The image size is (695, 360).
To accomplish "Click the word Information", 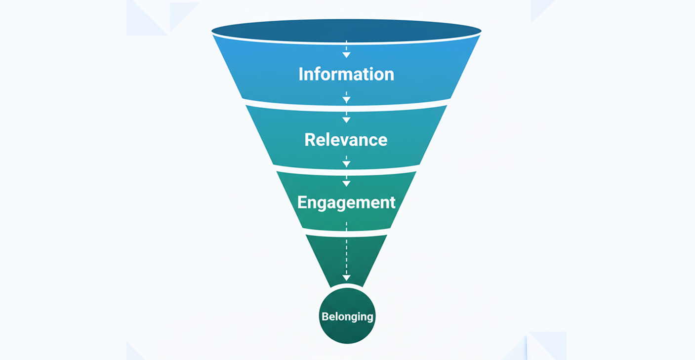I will [346, 74].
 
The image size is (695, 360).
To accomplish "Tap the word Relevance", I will [346, 140].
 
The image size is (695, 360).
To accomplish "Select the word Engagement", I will [346, 202].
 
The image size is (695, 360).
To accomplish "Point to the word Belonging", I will [347, 316].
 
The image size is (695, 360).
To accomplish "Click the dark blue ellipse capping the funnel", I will [346, 31].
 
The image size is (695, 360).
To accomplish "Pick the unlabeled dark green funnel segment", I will [346, 257].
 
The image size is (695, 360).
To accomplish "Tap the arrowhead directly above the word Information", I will [346, 55].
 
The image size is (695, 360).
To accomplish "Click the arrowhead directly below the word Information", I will [346, 100].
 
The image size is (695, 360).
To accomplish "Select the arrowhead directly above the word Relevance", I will [346, 120].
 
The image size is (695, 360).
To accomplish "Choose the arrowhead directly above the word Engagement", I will [346, 183].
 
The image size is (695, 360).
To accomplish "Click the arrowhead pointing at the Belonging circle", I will [346, 278].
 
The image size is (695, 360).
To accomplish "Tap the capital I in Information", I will [301, 74].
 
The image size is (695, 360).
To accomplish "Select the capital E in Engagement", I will [302, 202].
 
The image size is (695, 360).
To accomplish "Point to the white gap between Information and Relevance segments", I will [346, 105].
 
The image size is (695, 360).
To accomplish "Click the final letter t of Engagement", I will [392, 202].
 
